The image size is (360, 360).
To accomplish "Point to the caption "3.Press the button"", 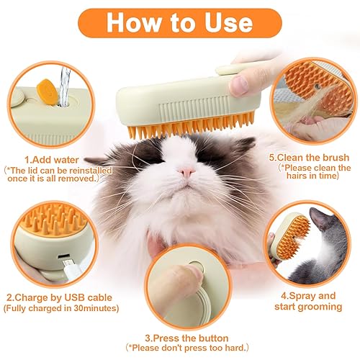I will (187, 338).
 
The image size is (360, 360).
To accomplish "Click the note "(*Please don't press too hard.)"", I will (187, 349).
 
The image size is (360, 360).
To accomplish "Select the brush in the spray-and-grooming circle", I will (288, 234).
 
